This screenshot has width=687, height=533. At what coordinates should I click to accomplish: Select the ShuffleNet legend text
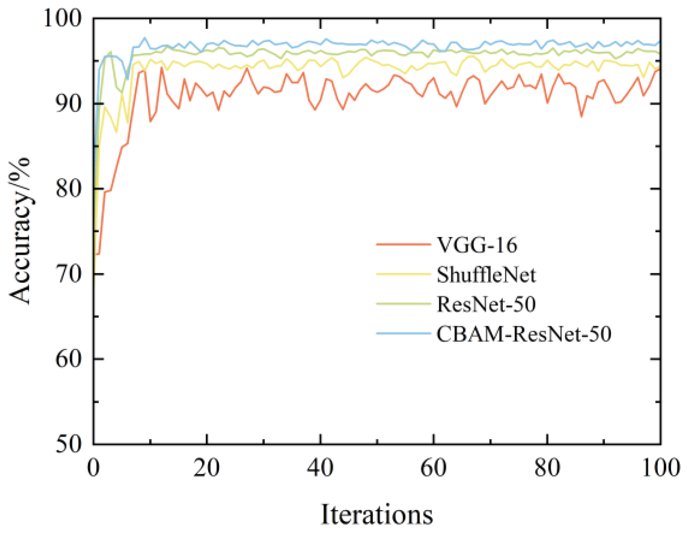(x=486, y=275)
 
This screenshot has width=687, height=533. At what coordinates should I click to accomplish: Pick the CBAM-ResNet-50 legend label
(x=524, y=333)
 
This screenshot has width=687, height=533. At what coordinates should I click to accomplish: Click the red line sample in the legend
(x=403, y=244)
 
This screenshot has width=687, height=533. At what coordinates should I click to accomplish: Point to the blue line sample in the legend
(x=403, y=333)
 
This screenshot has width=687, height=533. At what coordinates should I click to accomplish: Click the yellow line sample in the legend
(x=403, y=274)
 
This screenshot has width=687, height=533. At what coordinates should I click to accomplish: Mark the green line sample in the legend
(x=403, y=303)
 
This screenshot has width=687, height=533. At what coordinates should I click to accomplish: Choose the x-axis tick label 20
(x=207, y=467)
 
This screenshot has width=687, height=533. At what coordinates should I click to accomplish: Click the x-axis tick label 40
(x=320, y=467)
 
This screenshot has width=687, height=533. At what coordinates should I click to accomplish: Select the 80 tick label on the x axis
(x=547, y=467)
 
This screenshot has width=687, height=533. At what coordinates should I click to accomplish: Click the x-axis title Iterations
(x=377, y=514)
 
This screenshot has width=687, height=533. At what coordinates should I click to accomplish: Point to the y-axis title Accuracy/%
(x=20, y=230)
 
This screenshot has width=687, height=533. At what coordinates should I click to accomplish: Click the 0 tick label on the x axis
(x=93, y=467)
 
